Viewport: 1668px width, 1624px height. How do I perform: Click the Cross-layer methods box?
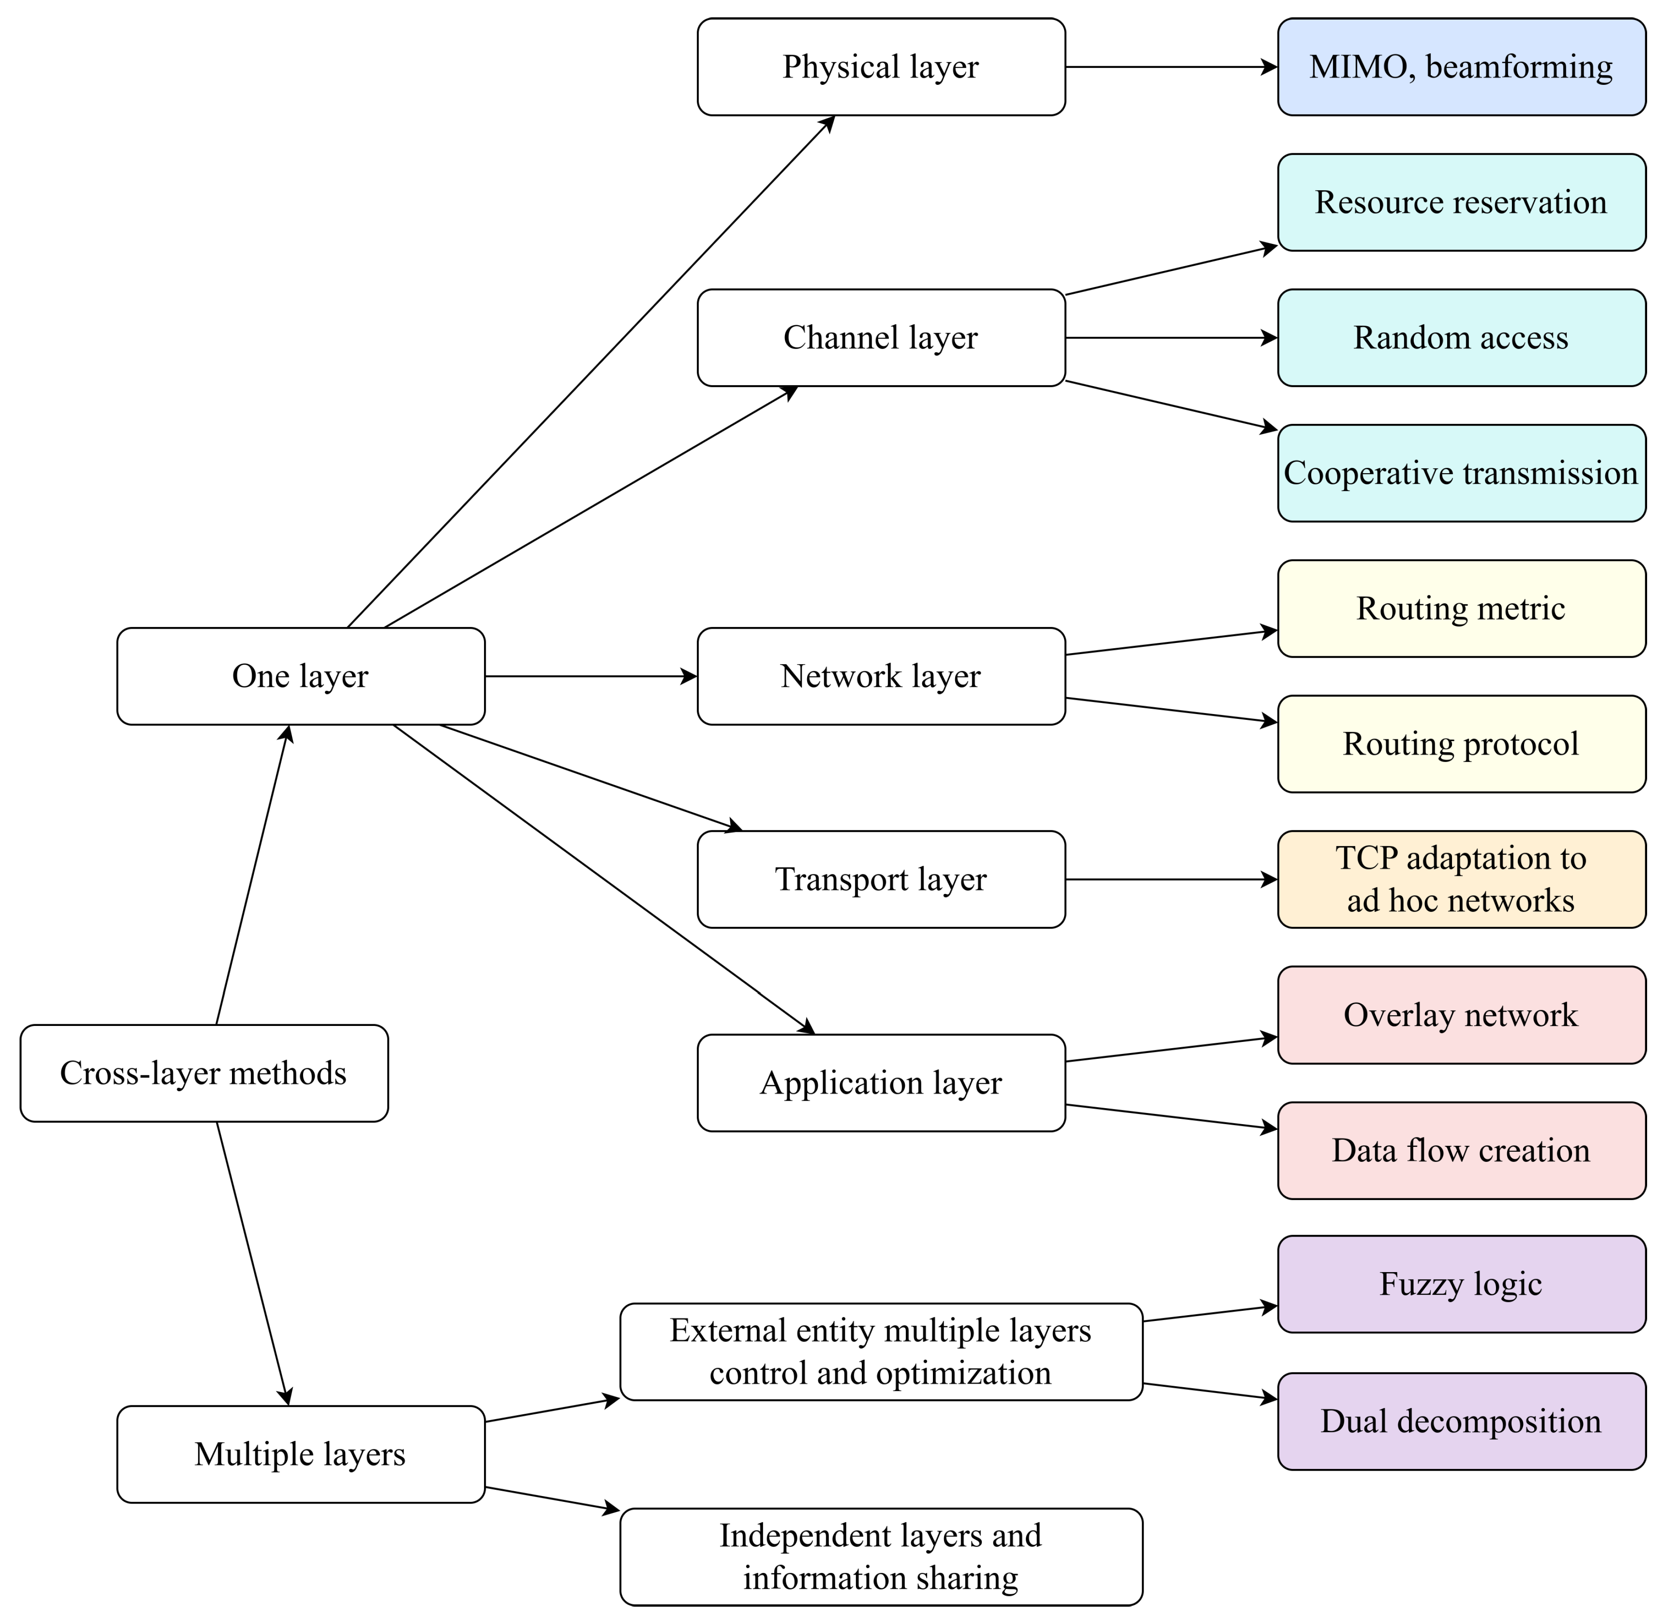click(204, 1073)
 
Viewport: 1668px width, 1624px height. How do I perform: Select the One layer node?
click(300, 676)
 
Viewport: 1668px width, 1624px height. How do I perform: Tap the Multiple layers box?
click(300, 1454)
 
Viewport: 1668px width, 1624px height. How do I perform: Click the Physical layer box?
click(880, 67)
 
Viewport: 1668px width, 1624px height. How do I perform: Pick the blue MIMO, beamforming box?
click(1461, 67)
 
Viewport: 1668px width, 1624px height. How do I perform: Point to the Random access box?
click(1461, 338)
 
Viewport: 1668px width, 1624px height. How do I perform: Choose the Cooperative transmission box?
click(1461, 473)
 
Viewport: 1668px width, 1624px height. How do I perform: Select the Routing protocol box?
click(1461, 744)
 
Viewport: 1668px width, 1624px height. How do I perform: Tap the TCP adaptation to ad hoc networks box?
click(1461, 879)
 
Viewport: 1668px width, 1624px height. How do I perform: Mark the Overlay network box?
click(1461, 1015)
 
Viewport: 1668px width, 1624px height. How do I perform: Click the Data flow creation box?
click(1461, 1151)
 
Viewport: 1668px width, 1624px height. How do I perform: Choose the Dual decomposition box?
click(1461, 1421)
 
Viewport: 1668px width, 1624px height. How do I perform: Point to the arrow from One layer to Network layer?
click(590, 676)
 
